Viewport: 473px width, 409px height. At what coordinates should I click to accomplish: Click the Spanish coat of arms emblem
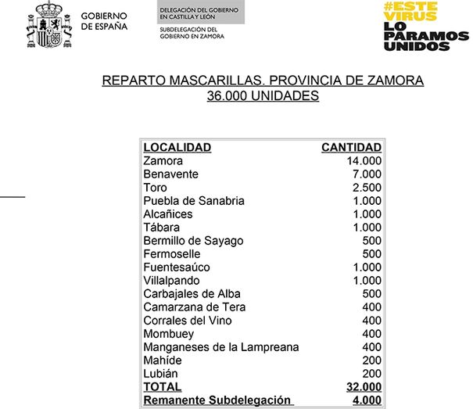tap(50, 26)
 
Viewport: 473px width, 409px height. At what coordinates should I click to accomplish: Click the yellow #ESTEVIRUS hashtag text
tap(410, 10)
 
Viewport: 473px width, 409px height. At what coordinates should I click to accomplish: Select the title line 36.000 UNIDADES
tap(263, 96)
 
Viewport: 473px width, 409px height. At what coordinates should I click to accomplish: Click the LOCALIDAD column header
tap(177, 147)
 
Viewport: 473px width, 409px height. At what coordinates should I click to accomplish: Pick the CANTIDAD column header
tap(351, 147)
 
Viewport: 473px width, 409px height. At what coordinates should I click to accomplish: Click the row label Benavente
tap(170, 174)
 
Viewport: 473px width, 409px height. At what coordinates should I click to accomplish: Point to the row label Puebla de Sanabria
tap(194, 200)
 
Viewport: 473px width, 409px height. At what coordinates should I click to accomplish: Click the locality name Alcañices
tap(167, 213)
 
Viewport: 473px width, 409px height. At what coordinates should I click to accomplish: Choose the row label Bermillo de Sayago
tap(193, 240)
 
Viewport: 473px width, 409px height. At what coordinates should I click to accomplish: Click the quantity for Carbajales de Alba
tap(371, 293)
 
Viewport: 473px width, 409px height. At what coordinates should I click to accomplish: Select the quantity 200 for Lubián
tap(371, 373)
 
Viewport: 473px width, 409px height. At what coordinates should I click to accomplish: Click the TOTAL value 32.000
tap(364, 386)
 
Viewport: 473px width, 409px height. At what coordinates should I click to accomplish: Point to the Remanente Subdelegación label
tap(217, 400)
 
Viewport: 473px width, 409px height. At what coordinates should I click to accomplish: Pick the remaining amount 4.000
tap(367, 400)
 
